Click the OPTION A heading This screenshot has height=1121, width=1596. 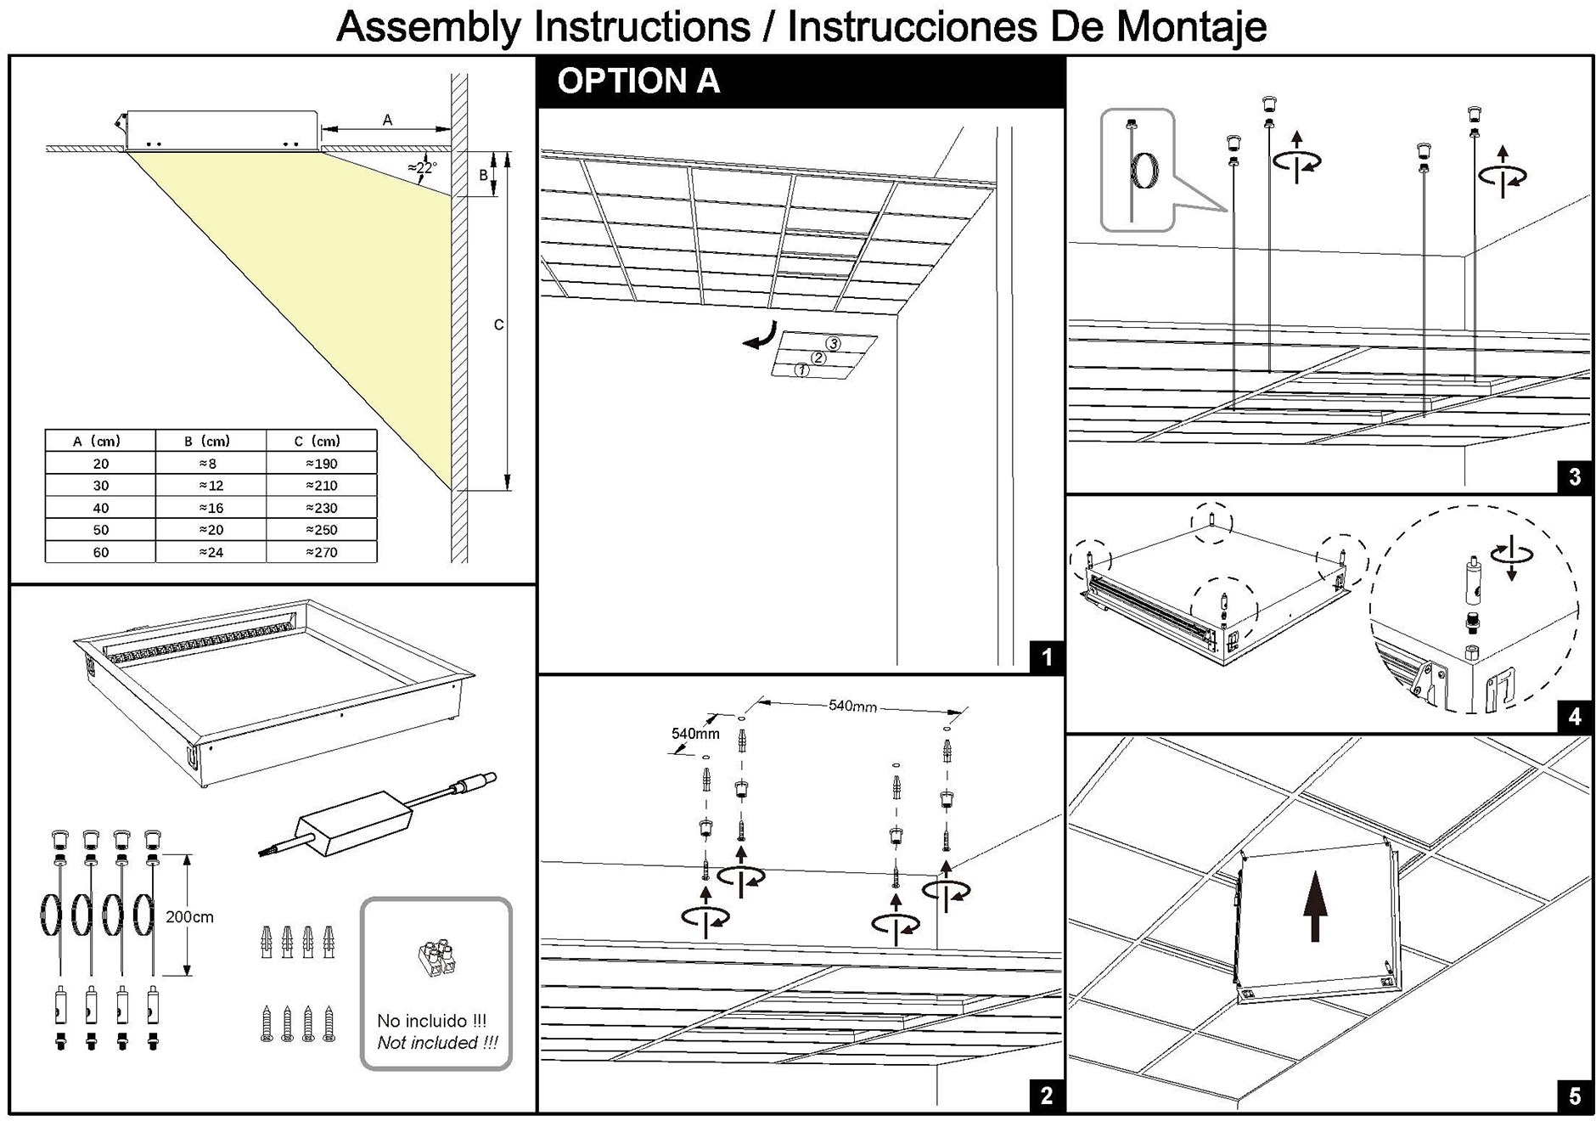pos(638,82)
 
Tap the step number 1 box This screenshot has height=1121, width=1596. pos(1046,656)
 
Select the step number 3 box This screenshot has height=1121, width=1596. pos(1575,476)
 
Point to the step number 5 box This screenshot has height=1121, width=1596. pos(1575,1096)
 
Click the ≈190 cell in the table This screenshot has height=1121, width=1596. pos(322,464)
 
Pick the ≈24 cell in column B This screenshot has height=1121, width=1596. pos(211,552)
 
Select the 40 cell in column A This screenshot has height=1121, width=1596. pos(101,508)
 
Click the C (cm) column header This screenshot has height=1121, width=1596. pos(318,441)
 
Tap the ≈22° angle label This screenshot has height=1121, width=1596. pos(422,168)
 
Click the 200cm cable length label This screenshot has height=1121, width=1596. pos(189,917)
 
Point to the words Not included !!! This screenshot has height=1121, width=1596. pos(437,1043)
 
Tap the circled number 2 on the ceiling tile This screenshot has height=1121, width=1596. pos(818,358)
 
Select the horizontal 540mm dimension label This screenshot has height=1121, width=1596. pos(852,706)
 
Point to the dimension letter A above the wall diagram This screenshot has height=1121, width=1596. pos(387,120)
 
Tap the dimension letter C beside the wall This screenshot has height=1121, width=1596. pos(498,324)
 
